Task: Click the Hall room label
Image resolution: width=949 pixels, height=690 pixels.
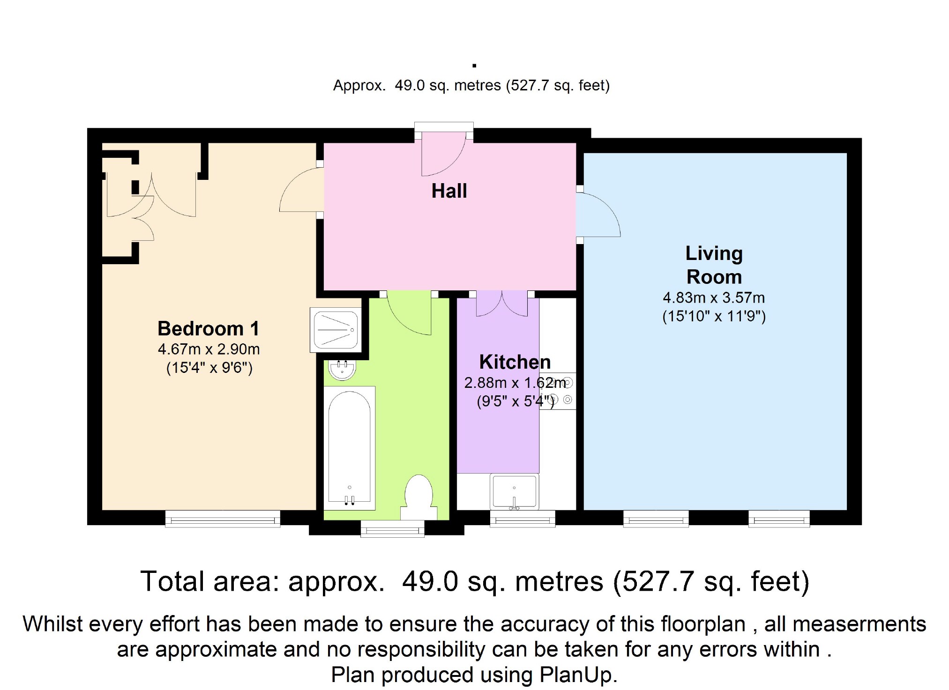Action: pyautogui.click(x=449, y=191)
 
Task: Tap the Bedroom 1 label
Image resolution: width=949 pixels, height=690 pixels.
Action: pyautogui.click(x=208, y=328)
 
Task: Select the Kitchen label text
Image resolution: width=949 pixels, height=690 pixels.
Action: pyautogui.click(x=515, y=362)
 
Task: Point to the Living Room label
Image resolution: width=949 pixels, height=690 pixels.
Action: pyautogui.click(x=714, y=265)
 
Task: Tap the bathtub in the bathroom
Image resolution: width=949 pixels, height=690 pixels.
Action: pyautogui.click(x=350, y=448)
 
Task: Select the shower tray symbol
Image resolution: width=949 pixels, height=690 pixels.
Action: pyautogui.click(x=336, y=330)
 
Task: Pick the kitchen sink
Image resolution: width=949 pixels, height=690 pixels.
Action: pyautogui.click(x=514, y=491)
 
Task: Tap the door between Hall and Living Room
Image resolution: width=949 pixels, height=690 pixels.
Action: pyautogui.click(x=598, y=214)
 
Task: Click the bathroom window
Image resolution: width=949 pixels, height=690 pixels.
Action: pyautogui.click(x=392, y=529)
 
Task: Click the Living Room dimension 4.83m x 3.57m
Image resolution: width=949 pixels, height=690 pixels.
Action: pyautogui.click(x=714, y=298)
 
